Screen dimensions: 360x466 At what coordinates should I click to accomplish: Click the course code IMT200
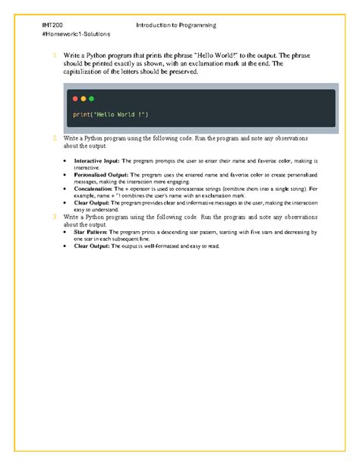[52, 25]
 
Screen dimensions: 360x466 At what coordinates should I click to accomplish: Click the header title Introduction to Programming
[176, 25]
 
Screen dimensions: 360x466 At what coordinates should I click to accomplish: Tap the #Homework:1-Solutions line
[77, 34]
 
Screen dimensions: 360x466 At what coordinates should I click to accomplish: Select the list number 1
[55, 56]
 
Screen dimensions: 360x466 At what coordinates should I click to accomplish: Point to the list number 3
[55, 217]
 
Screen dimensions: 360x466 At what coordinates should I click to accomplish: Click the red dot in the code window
[74, 99]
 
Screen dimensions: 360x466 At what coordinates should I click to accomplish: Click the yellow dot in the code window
[83, 99]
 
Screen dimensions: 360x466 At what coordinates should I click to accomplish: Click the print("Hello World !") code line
[111, 114]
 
